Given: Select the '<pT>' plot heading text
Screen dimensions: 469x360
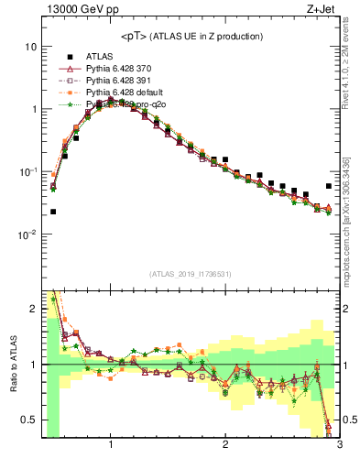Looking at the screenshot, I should point(191,36).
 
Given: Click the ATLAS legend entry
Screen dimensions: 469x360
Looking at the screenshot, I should point(101,55).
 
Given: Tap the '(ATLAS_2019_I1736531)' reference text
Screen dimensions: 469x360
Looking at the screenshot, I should point(191,274).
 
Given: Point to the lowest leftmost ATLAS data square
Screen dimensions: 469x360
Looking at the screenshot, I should point(53,212).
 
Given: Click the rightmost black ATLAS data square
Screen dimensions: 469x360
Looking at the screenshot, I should point(328,186).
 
